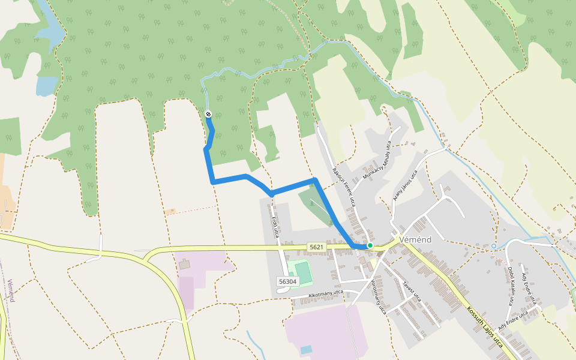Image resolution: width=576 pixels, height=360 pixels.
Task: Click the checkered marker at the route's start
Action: [x=208, y=114]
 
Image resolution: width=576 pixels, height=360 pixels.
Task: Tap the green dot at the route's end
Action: [x=370, y=245]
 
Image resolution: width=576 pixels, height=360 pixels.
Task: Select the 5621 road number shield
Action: [x=317, y=247]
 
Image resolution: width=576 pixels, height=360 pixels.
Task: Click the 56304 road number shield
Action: [x=287, y=281]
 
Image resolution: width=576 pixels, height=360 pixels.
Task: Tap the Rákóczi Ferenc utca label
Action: [x=344, y=187]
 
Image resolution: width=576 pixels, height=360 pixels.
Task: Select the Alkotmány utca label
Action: [x=325, y=293]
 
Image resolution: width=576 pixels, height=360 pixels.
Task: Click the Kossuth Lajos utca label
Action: [x=484, y=326]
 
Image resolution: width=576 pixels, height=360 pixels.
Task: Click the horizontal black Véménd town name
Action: [x=415, y=238]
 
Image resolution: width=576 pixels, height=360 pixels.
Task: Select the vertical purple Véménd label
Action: [x=10, y=290]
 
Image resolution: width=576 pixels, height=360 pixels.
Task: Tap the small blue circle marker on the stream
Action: [x=494, y=246]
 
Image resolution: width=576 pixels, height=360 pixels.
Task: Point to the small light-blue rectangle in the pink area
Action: [x=306, y=349]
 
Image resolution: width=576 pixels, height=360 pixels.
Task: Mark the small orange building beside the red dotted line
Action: [x=170, y=211]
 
